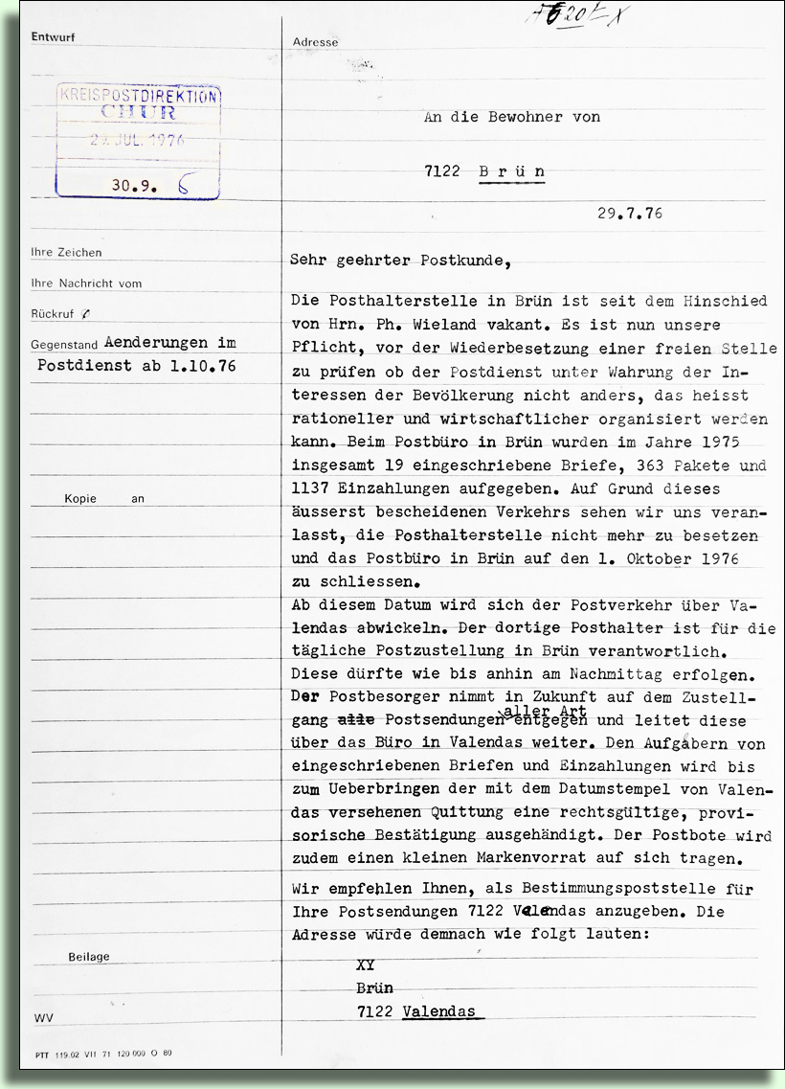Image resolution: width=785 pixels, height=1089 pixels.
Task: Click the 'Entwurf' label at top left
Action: pos(53,37)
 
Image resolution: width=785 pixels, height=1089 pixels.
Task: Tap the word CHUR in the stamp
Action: pos(138,113)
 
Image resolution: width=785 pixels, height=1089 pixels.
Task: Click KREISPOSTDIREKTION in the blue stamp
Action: pos(139,96)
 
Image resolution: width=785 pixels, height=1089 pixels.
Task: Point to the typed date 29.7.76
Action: pos(630,214)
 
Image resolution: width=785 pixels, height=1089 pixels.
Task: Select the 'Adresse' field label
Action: pos(315,42)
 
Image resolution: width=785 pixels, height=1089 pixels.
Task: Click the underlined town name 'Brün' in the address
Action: pos(512,171)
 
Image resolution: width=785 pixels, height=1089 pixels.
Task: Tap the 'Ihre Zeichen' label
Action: pos(66,253)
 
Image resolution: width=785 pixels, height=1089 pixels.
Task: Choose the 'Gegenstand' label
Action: pos(65,343)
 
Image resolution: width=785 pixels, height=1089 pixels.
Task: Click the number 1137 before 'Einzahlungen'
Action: pos(310,488)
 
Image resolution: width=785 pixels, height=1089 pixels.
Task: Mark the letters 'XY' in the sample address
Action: pos(365,965)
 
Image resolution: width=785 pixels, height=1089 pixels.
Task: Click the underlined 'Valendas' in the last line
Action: pos(442,1011)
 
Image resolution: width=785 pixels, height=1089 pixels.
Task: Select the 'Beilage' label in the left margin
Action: pos(89,957)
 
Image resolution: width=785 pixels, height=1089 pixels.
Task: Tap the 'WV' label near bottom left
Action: pos(42,1018)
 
